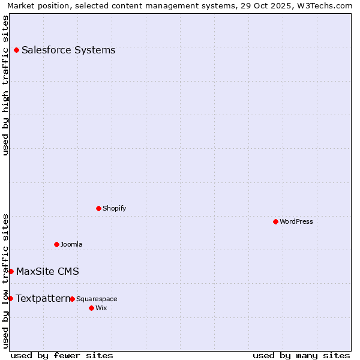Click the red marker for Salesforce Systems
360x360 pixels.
coord(16,50)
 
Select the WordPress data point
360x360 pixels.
coord(275,221)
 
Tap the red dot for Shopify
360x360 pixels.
coord(98,208)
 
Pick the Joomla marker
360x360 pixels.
coord(56,244)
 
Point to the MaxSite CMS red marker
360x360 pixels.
coord(11,271)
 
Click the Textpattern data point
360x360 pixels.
coord(10,298)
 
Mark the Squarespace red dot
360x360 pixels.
coord(72,299)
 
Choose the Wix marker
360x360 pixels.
coord(91,308)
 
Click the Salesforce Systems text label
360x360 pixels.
coord(68,50)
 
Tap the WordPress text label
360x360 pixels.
coord(296,221)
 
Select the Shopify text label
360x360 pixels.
coord(114,208)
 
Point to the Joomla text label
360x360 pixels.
coord(71,244)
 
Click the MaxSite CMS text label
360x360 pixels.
coord(47,271)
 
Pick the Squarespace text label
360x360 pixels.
coord(97,299)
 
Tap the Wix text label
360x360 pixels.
coord(101,308)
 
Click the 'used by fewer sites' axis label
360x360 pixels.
coord(62,355)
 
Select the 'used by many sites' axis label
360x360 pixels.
coord(301,355)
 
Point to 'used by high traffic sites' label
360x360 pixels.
coord(5,85)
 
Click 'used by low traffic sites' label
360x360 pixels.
coord(5,280)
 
